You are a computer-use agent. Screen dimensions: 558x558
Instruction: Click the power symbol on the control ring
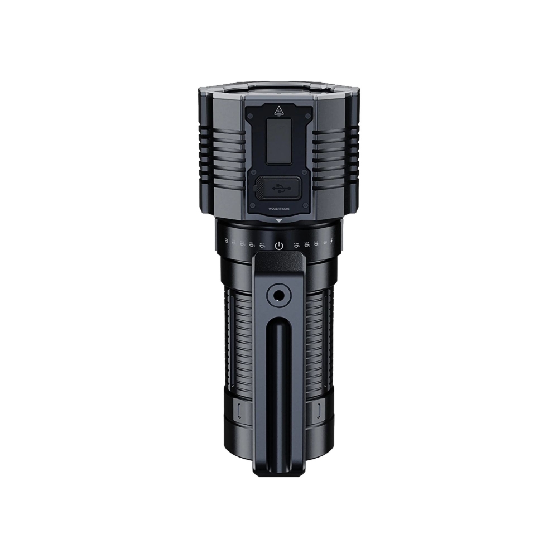[279, 245]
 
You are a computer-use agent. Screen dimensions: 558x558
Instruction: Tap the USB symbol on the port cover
[279, 189]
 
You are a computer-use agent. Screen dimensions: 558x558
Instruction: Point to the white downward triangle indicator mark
[279, 222]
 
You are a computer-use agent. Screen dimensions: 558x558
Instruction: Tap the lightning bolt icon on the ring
[334, 243]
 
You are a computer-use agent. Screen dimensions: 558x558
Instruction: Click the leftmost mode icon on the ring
[227, 242]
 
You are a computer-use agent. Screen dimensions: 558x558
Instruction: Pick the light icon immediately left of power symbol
[262, 244]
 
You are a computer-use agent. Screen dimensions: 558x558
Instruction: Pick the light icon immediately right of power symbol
[296, 244]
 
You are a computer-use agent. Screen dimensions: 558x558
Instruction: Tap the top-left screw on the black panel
[251, 115]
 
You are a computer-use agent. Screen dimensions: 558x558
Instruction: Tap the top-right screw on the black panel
[307, 115]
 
